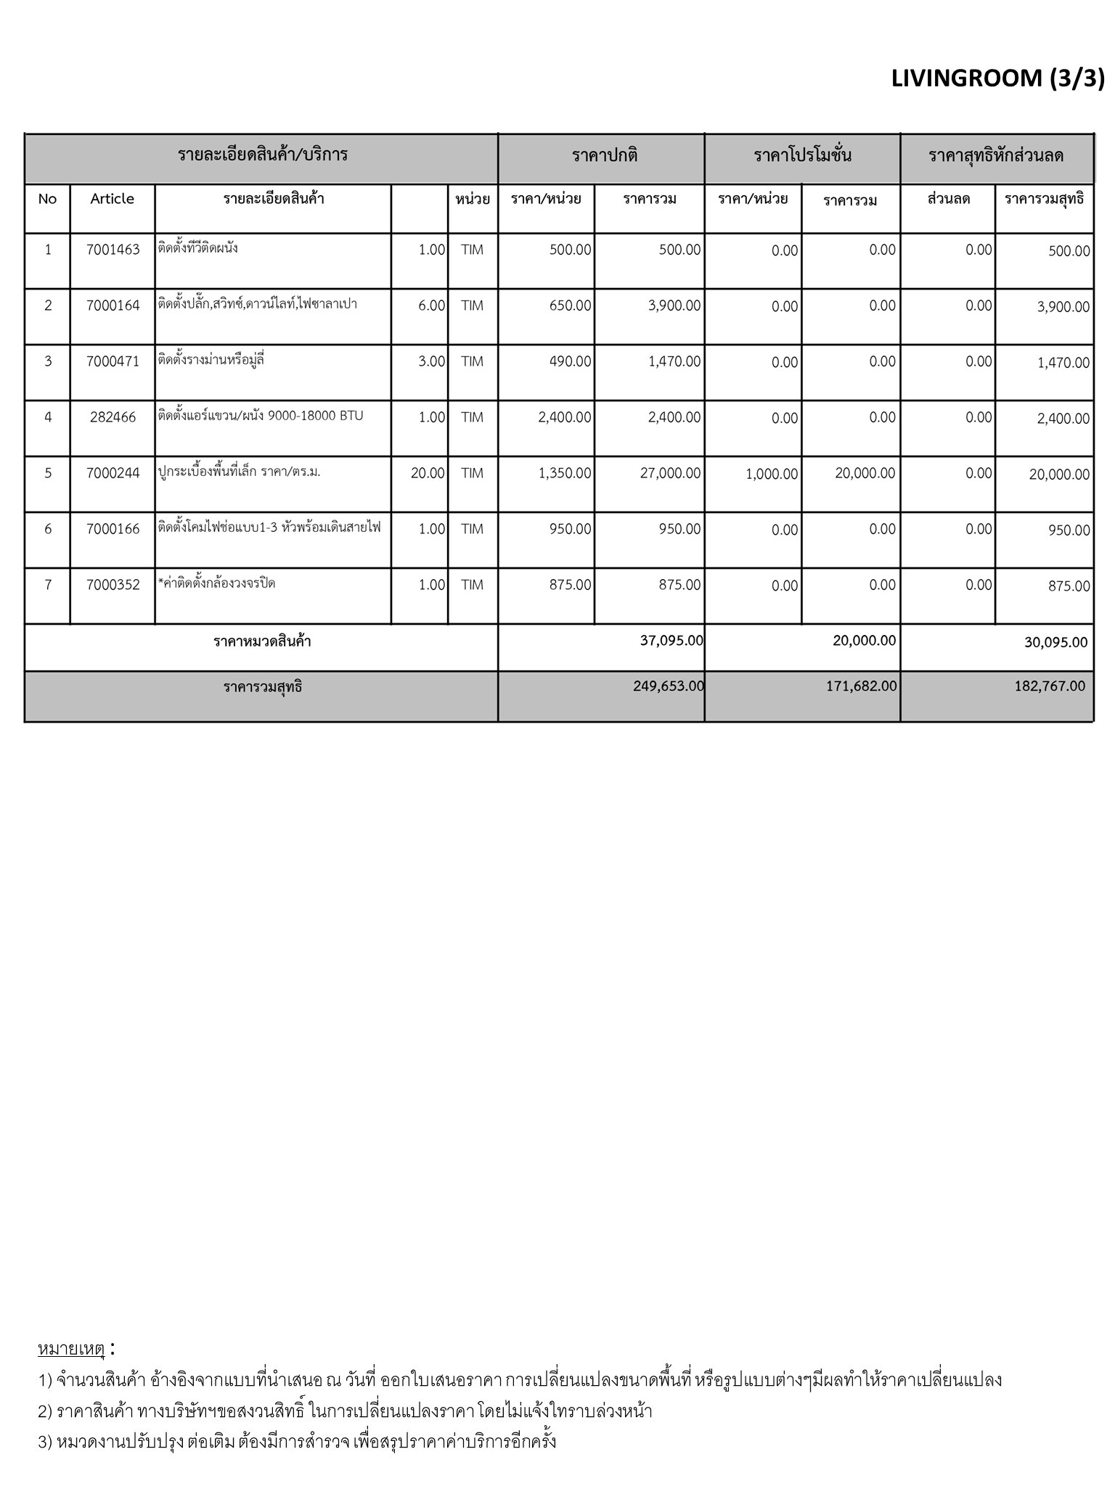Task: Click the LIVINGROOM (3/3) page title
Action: click(997, 78)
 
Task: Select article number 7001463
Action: click(113, 250)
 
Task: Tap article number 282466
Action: click(113, 417)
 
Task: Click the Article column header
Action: click(112, 199)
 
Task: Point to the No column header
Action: click(47, 199)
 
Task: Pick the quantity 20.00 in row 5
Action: click(428, 473)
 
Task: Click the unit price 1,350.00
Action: click(565, 473)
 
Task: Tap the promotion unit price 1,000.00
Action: click(772, 474)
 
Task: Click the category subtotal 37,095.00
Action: click(671, 641)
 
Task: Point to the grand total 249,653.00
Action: click(669, 686)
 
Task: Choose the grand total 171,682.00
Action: click(862, 686)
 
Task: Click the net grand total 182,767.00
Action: click(1050, 686)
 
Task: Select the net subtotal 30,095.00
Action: click(1055, 642)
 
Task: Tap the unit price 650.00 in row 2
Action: click(570, 305)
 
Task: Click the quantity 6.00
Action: click(431, 305)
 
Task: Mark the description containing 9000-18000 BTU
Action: click(261, 416)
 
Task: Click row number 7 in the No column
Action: click(48, 585)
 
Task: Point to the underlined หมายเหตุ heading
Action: click(71, 1349)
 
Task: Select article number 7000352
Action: click(113, 585)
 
